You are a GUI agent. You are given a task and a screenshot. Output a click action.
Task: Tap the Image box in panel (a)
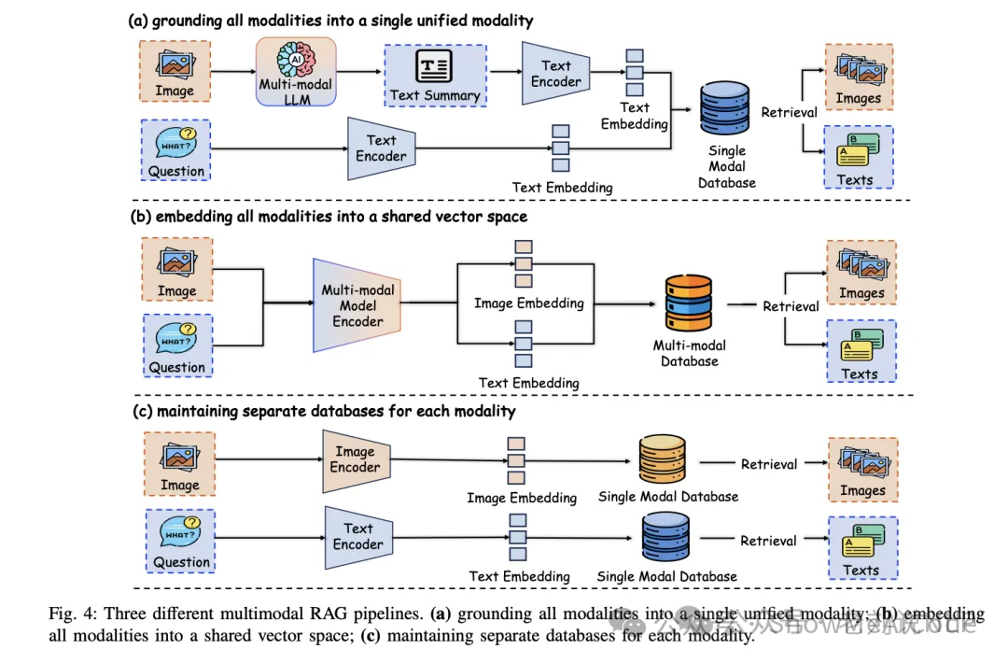(x=175, y=72)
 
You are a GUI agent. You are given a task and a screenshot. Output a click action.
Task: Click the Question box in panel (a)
(x=175, y=149)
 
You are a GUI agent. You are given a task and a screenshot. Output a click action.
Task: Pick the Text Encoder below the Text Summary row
(x=381, y=148)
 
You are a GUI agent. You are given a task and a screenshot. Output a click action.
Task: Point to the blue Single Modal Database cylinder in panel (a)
(x=726, y=111)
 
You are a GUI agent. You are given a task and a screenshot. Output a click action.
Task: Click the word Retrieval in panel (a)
(x=789, y=112)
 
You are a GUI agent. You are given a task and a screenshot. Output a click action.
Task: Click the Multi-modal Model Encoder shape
(x=358, y=305)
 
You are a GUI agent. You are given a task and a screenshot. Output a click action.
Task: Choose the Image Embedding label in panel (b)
(x=528, y=303)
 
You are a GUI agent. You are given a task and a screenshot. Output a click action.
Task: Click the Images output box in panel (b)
(x=861, y=272)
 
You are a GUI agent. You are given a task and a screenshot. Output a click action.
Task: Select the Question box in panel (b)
(x=176, y=346)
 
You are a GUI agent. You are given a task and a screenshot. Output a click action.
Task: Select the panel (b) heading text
(x=328, y=216)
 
